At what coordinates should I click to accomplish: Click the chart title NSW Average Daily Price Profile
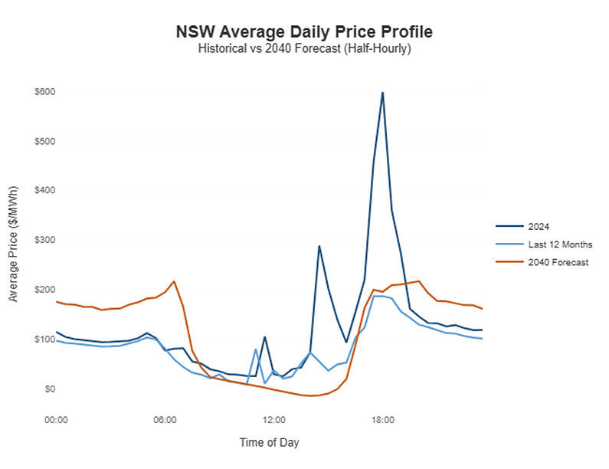(304, 32)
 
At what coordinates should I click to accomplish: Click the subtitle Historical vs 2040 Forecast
(304, 48)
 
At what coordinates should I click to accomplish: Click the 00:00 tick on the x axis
(57, 419)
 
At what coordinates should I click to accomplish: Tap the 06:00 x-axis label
(165, 419)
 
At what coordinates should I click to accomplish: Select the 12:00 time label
(274, 419)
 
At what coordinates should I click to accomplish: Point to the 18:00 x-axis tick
(382, 419)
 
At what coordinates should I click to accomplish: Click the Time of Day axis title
(269, 442)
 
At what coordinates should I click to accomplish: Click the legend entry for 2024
(536, 226)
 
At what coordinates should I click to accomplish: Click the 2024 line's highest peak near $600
(382, 93)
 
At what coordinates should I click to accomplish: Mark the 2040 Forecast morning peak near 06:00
(174, 281)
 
